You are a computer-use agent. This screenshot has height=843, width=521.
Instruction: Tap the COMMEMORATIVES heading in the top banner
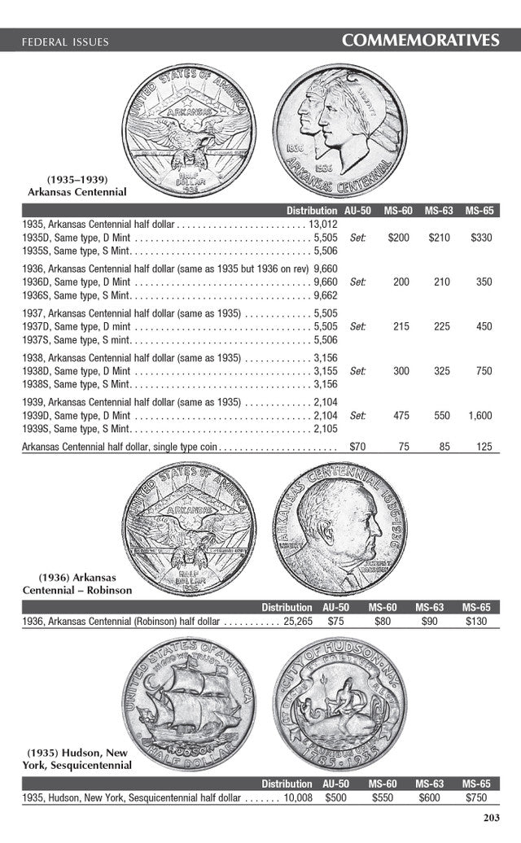420,40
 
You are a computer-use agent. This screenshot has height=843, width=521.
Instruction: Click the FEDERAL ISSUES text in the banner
64,41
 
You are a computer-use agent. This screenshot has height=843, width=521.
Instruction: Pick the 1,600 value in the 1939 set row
479,415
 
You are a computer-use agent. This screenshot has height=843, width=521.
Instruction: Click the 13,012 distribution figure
323,224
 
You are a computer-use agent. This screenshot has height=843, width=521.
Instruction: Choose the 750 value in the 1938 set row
484,370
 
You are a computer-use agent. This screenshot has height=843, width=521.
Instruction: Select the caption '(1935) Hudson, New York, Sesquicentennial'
79,759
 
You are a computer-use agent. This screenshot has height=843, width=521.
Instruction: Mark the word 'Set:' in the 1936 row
357,282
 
